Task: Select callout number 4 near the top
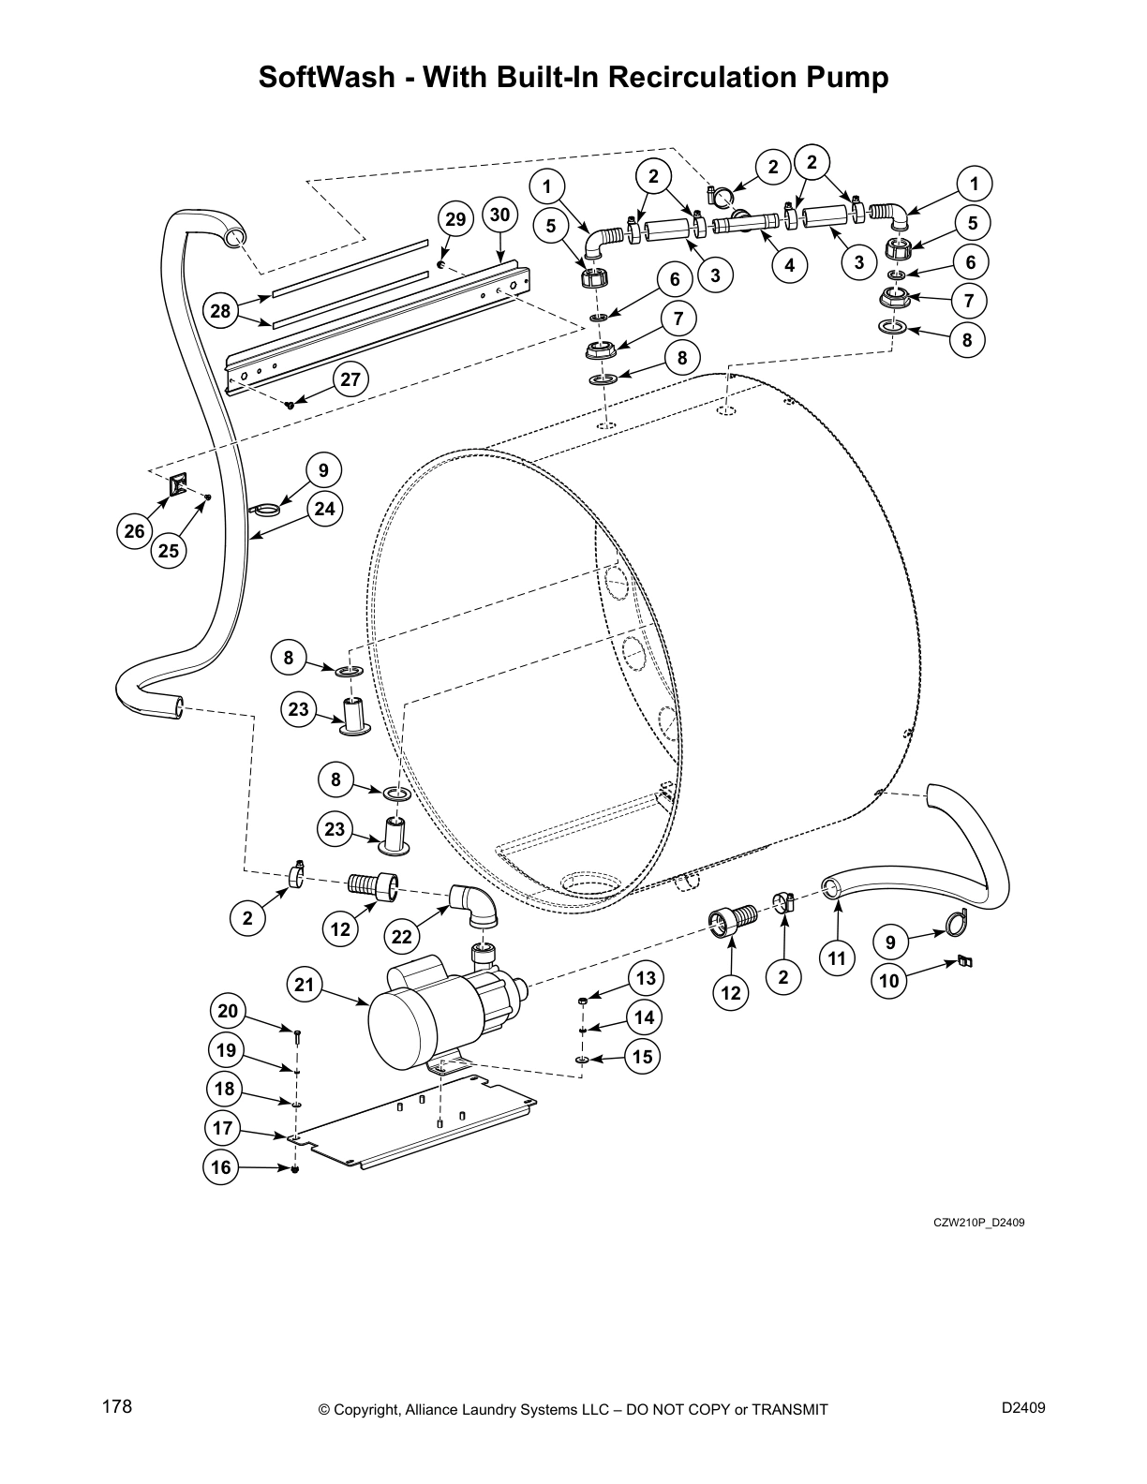[790, 265]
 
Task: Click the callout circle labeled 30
[499, 215]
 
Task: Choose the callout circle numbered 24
[324, 509]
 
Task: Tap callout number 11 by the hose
[837, 957]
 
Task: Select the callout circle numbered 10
[889, 981]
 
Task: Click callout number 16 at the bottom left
[221, 1167]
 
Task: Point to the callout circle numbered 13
[646, 978]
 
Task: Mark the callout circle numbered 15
[642, 1057]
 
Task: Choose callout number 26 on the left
[135, 531]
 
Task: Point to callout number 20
[227, 1011]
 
